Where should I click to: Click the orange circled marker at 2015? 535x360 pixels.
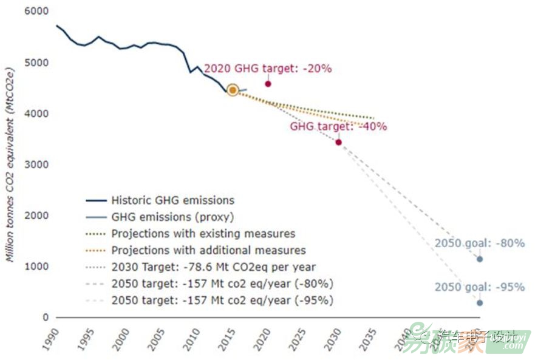233,90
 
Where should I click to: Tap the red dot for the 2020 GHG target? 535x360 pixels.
268,84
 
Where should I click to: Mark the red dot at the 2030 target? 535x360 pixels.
338,142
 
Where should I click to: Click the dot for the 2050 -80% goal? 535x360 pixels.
480,259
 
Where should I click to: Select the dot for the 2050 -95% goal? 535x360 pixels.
480,303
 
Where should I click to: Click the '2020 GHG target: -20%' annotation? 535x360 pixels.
268,69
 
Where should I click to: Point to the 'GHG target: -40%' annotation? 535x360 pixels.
338,127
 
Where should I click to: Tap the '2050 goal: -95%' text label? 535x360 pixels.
479,287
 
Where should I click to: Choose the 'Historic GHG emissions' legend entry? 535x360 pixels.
172,200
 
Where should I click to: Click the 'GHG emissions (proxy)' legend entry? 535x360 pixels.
172,217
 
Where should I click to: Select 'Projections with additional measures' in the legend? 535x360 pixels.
208,250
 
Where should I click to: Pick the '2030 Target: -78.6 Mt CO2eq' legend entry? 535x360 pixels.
213,267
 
